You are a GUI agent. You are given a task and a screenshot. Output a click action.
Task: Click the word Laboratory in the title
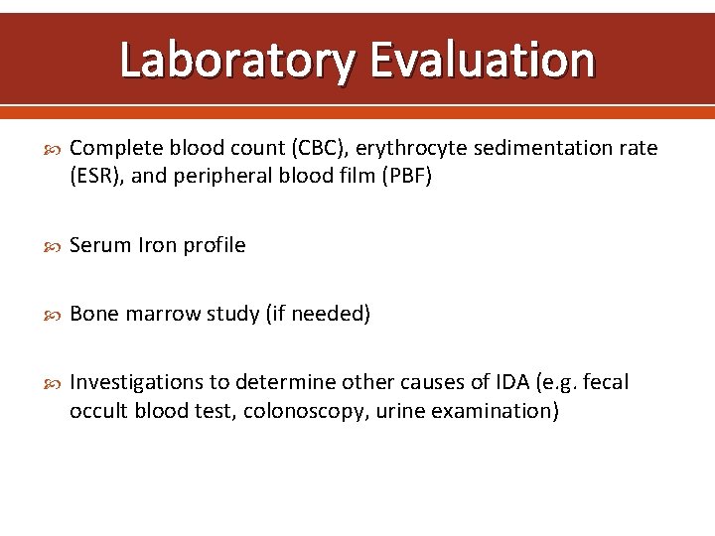(x=235, y=61)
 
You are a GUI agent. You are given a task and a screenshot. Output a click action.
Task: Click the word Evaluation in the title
(x=482, y=61)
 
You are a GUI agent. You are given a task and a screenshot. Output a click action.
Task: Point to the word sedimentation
(x=537, y=148)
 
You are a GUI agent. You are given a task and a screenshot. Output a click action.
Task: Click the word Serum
(x=97, y=245)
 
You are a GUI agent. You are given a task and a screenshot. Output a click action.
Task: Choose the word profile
(x=212, y=245)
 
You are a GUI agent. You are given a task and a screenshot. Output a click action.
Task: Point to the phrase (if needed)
(x=318, y=315)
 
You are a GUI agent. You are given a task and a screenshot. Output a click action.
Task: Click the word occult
(x=97, y=412)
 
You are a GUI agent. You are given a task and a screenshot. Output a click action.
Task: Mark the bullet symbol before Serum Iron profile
(x=53, y=245)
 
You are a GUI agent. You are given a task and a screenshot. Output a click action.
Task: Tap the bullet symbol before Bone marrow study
(x=53, y=315)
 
